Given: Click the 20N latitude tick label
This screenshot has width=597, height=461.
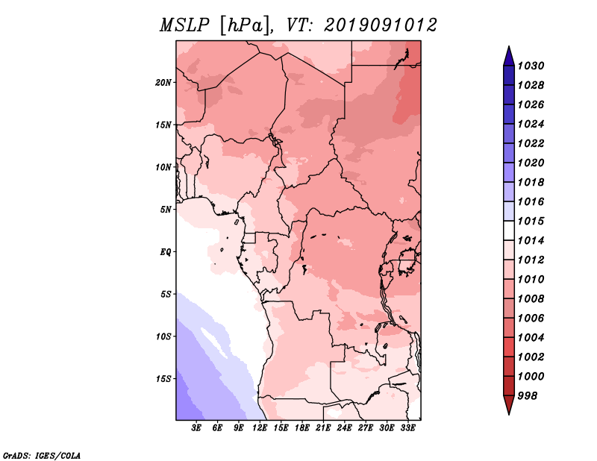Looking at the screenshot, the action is click(163, 83).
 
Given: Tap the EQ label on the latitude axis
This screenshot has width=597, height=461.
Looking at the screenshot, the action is click(166, 252).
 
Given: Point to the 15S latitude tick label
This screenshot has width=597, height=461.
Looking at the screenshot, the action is click(163, 379).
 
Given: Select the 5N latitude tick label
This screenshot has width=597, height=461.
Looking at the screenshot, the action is click(166, 210).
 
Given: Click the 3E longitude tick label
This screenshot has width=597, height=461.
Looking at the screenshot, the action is click(196, 428).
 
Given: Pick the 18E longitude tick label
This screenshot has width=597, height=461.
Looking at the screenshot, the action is click(302, 428).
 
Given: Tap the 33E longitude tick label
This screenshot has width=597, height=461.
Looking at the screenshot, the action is click(407, 428).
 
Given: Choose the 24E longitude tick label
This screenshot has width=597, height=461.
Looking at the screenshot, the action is click(344, 428).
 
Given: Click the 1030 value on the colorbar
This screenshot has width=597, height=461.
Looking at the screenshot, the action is click(531, 66).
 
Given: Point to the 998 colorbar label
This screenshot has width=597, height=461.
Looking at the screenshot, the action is click(528, 396).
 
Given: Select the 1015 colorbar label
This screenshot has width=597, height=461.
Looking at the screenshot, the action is click(531, 221).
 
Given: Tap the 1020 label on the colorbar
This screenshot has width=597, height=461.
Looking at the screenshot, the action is click(531, 163).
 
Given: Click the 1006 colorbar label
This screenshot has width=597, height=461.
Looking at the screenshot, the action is click(531, 319).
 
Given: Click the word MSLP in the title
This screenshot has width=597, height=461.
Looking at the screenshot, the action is click(184, 25).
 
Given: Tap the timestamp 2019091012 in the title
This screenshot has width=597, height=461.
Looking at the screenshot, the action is click(381, 25).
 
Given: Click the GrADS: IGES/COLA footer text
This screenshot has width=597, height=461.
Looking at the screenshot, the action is click(42, 456).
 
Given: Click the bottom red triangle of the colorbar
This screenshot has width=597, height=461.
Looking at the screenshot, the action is click(509, 404).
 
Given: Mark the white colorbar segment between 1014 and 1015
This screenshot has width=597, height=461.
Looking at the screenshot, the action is click(509, 230).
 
